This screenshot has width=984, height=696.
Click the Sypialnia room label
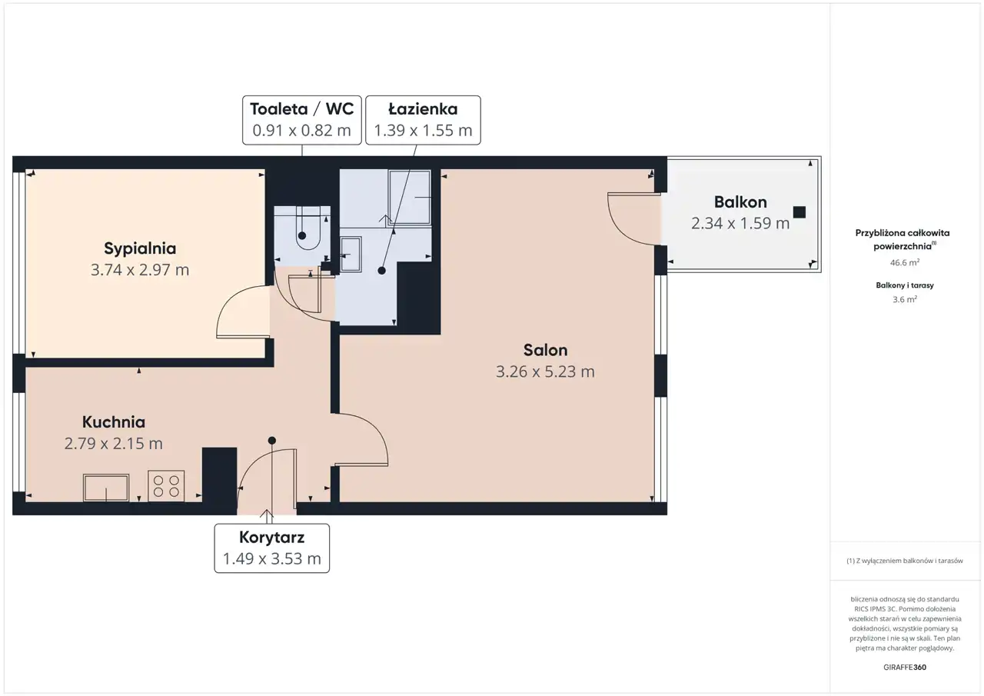pyautogui.click(x=140, y=248)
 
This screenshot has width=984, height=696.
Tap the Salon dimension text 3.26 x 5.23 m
pyautogui.click(x=545, y=371)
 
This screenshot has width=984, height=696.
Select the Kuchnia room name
pyautogui.click(x=113, y=421)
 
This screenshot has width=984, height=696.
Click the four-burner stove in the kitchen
pyautogui.click(x=166, y=486)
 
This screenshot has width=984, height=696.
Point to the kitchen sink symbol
pyautogui.click(x=106, y=488)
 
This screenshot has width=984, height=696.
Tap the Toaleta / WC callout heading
pyautogui.click(x=302, y=109)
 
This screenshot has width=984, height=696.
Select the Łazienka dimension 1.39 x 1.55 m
pyautogui.click(x=423, y=131)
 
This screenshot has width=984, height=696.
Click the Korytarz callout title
pyautogui.click(x=272, y=538)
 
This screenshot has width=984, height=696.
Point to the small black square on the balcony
pyautogui.click(x=799, y=212)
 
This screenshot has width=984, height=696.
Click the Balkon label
pyautogui.click(x=740, y=202)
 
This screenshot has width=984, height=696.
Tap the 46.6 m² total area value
pyautogui.click(x=905, y=263)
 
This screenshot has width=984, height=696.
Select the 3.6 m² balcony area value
pyautogui.click(x=905, y=299)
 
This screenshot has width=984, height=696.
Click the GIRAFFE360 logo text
pyautogui.click(x=905, y=667)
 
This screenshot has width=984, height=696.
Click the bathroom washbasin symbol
pyautogui.click(x=351, y=255)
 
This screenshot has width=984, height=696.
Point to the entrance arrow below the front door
pyautogui.click(x=267, y=517)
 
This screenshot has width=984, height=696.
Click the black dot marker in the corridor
pyautogui.click(x=272, y=440)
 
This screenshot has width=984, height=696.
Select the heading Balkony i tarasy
pyautogui.click(x=905, y=285)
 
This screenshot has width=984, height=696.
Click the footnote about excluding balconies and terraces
pyautogui.click(x=905, y=561)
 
